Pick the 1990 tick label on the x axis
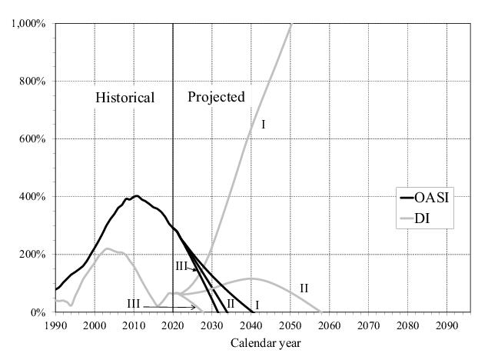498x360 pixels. (x=55, y=325)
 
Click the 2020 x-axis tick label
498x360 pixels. (x=173, y=325)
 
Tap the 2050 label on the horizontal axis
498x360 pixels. (x=290, y=325)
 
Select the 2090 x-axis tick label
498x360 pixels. (x=448, y=325)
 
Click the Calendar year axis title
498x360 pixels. (x=262, y=343)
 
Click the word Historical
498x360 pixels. (x=124, y=98)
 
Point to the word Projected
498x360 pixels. (x=216, y=97)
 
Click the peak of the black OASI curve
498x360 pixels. (x=136, y=196)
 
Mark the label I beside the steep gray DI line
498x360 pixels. (x=263, y=124)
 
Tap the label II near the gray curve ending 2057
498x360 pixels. (x=304, y=288)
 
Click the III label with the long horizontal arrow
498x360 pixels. (x=134, y=305)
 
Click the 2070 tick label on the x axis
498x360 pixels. (x=370, y=325)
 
